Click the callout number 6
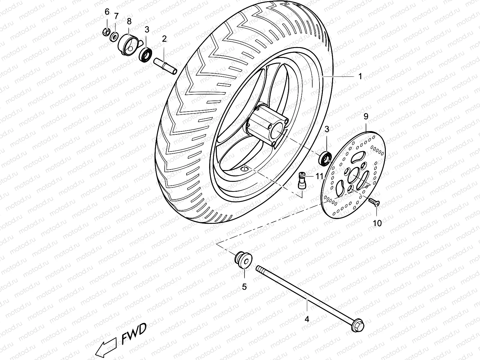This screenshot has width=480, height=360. (107, 12)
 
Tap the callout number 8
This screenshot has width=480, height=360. (129, 21)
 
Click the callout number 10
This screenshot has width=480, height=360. (377, 223)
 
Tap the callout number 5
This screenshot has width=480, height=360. (244, 287)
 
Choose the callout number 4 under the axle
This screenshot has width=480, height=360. (307, 319)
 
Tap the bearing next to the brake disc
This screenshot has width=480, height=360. (325, 158)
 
